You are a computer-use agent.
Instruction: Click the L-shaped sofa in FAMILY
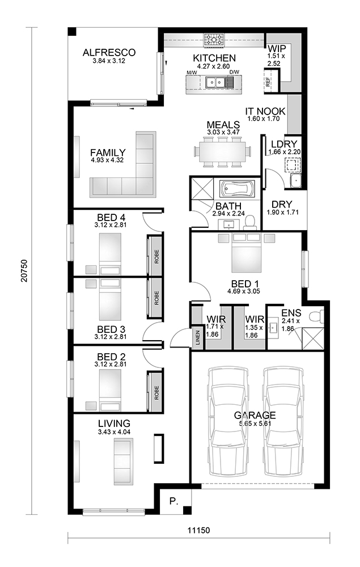[x=127, y=167]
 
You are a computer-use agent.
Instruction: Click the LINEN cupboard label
[x=198, y=337]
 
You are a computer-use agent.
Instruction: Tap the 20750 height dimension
[x=23, y=275]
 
